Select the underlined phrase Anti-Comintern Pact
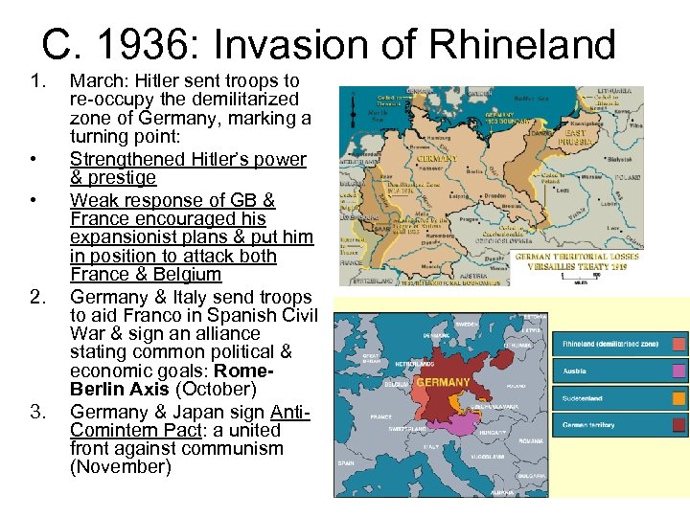188,421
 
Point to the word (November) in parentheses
120,466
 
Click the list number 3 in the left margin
37,412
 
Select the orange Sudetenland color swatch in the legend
679,397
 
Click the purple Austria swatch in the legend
679,371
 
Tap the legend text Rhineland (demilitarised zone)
609,344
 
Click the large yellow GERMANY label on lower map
443,382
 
